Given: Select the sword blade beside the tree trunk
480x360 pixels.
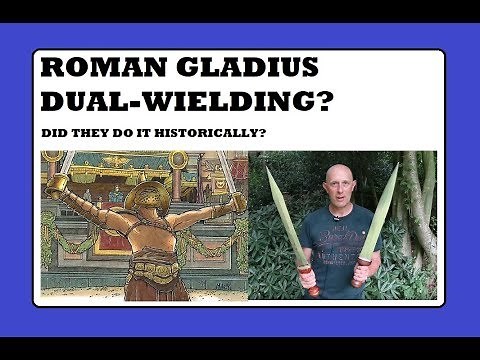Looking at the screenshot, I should (379, 215).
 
